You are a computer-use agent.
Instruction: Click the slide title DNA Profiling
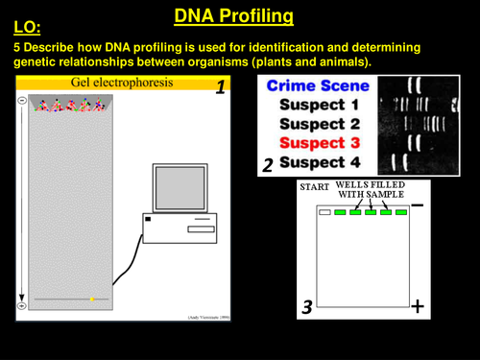233,16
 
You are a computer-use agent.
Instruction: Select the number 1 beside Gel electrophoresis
220,88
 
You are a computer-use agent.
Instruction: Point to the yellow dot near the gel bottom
91,300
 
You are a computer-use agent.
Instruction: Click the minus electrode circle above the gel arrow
21,101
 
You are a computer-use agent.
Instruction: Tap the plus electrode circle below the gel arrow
21,305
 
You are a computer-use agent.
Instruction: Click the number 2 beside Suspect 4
268,165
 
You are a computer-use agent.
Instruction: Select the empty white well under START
325,212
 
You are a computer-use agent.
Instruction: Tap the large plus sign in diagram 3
418,306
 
